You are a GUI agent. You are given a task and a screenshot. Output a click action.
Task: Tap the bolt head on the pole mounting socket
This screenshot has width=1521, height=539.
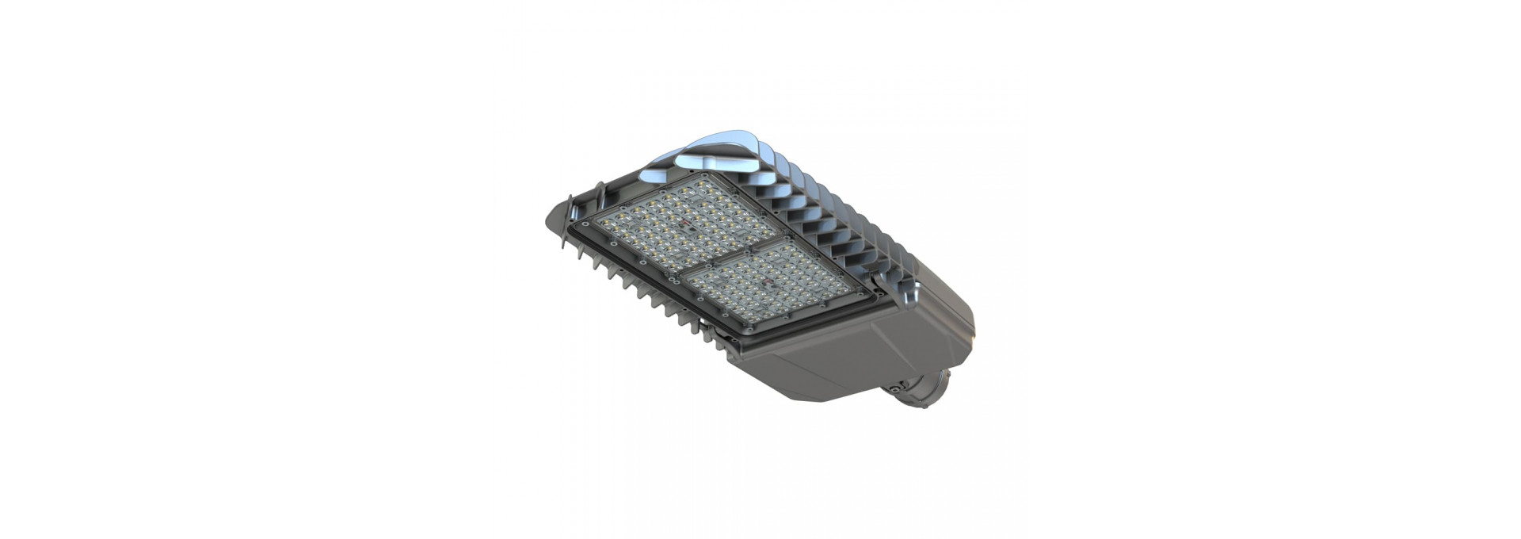click(895, 388)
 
